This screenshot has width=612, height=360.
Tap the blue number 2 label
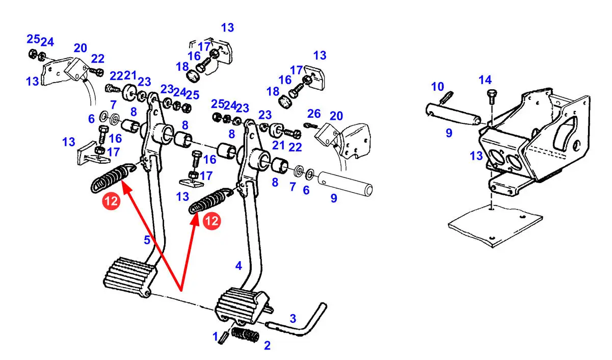click(267, 346)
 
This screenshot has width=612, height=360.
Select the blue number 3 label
click(292, 319)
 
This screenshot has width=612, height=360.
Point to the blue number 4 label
click(238, 266)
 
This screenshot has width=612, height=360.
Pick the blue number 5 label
click(147, 240)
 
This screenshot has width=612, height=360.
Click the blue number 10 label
click(438, 87)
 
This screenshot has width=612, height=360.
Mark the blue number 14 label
click(485, 80)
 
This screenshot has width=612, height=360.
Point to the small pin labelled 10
click(448, 96)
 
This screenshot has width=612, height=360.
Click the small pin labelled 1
click(222, 338)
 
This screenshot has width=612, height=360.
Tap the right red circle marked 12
click(211, 221)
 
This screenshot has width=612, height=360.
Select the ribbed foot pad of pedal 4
click(239, 304)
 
